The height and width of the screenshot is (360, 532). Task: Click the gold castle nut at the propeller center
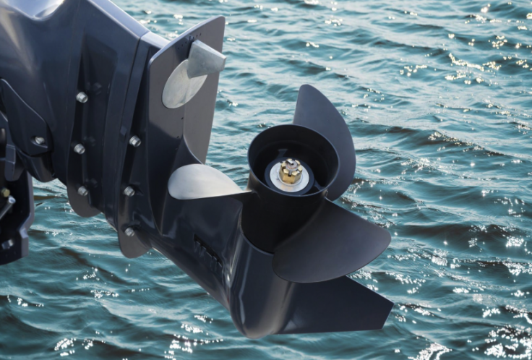point(291,171)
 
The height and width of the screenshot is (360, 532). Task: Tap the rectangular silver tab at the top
point(206,58)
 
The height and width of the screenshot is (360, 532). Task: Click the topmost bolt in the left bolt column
point(82,97)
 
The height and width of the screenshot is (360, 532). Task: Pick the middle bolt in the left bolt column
point(79,149)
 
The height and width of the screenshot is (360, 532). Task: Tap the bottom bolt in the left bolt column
point(82,191)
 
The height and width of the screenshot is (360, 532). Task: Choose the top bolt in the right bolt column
point(134,141)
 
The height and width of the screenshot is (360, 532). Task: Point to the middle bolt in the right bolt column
point(129,192)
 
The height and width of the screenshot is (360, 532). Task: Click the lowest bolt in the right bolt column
point(130,232)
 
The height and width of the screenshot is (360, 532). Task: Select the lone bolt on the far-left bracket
point(39,141)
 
